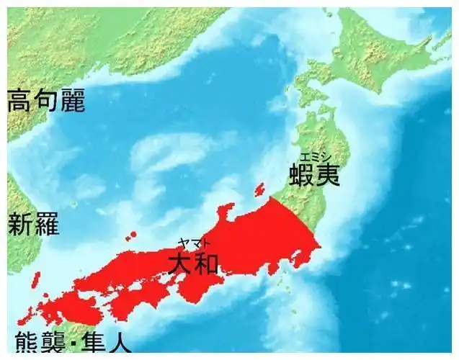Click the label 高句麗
click(46, 101)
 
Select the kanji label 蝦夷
click(314, 175)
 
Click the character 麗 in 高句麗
click(72, 101)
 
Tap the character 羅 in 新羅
click(48, 224)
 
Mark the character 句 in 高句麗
click(46, 101)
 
